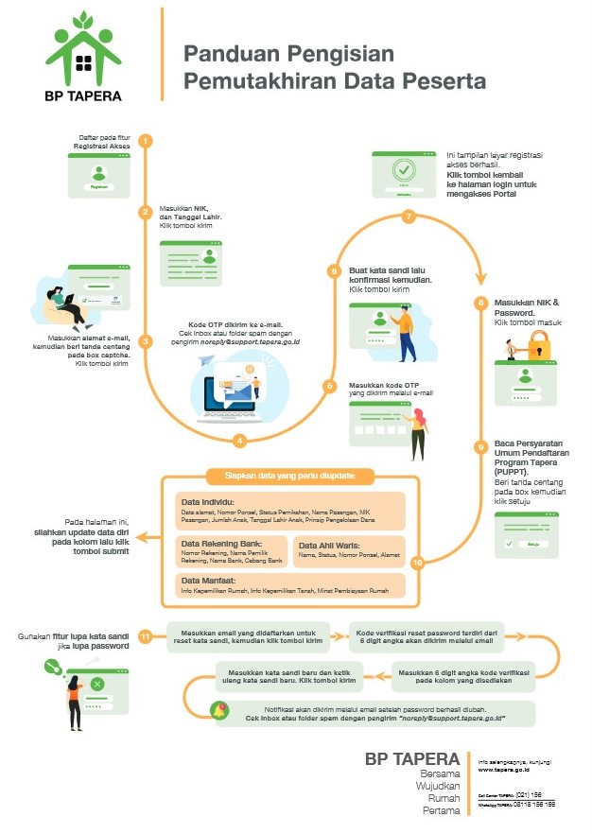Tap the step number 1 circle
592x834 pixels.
(146, 141)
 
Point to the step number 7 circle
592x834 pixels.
(409, 217)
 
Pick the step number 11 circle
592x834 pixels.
(146, 636)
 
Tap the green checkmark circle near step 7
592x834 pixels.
(404, 170)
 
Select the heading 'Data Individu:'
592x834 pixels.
(208, 501)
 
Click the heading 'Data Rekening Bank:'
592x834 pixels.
(222, 544)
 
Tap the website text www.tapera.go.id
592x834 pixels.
(500, 770)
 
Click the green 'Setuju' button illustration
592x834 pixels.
(532, 545)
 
